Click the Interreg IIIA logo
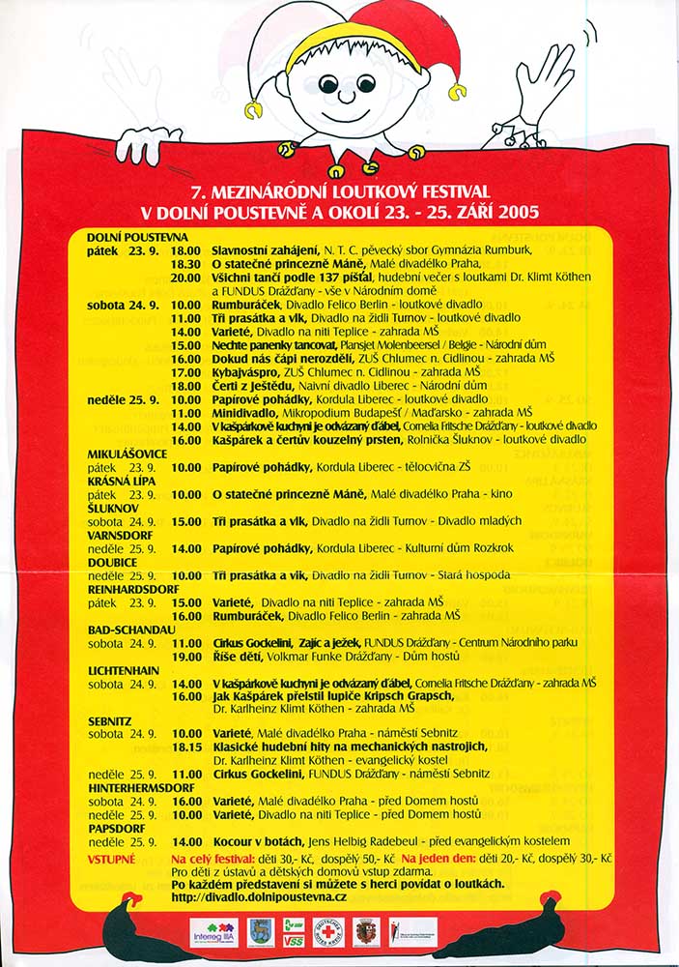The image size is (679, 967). click(213, 932)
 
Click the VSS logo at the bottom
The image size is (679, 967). click(293, 932)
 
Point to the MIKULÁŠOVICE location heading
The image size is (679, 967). click(127, 454)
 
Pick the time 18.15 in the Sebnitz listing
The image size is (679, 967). click(185, 747)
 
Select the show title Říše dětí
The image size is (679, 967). click(238, 656)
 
